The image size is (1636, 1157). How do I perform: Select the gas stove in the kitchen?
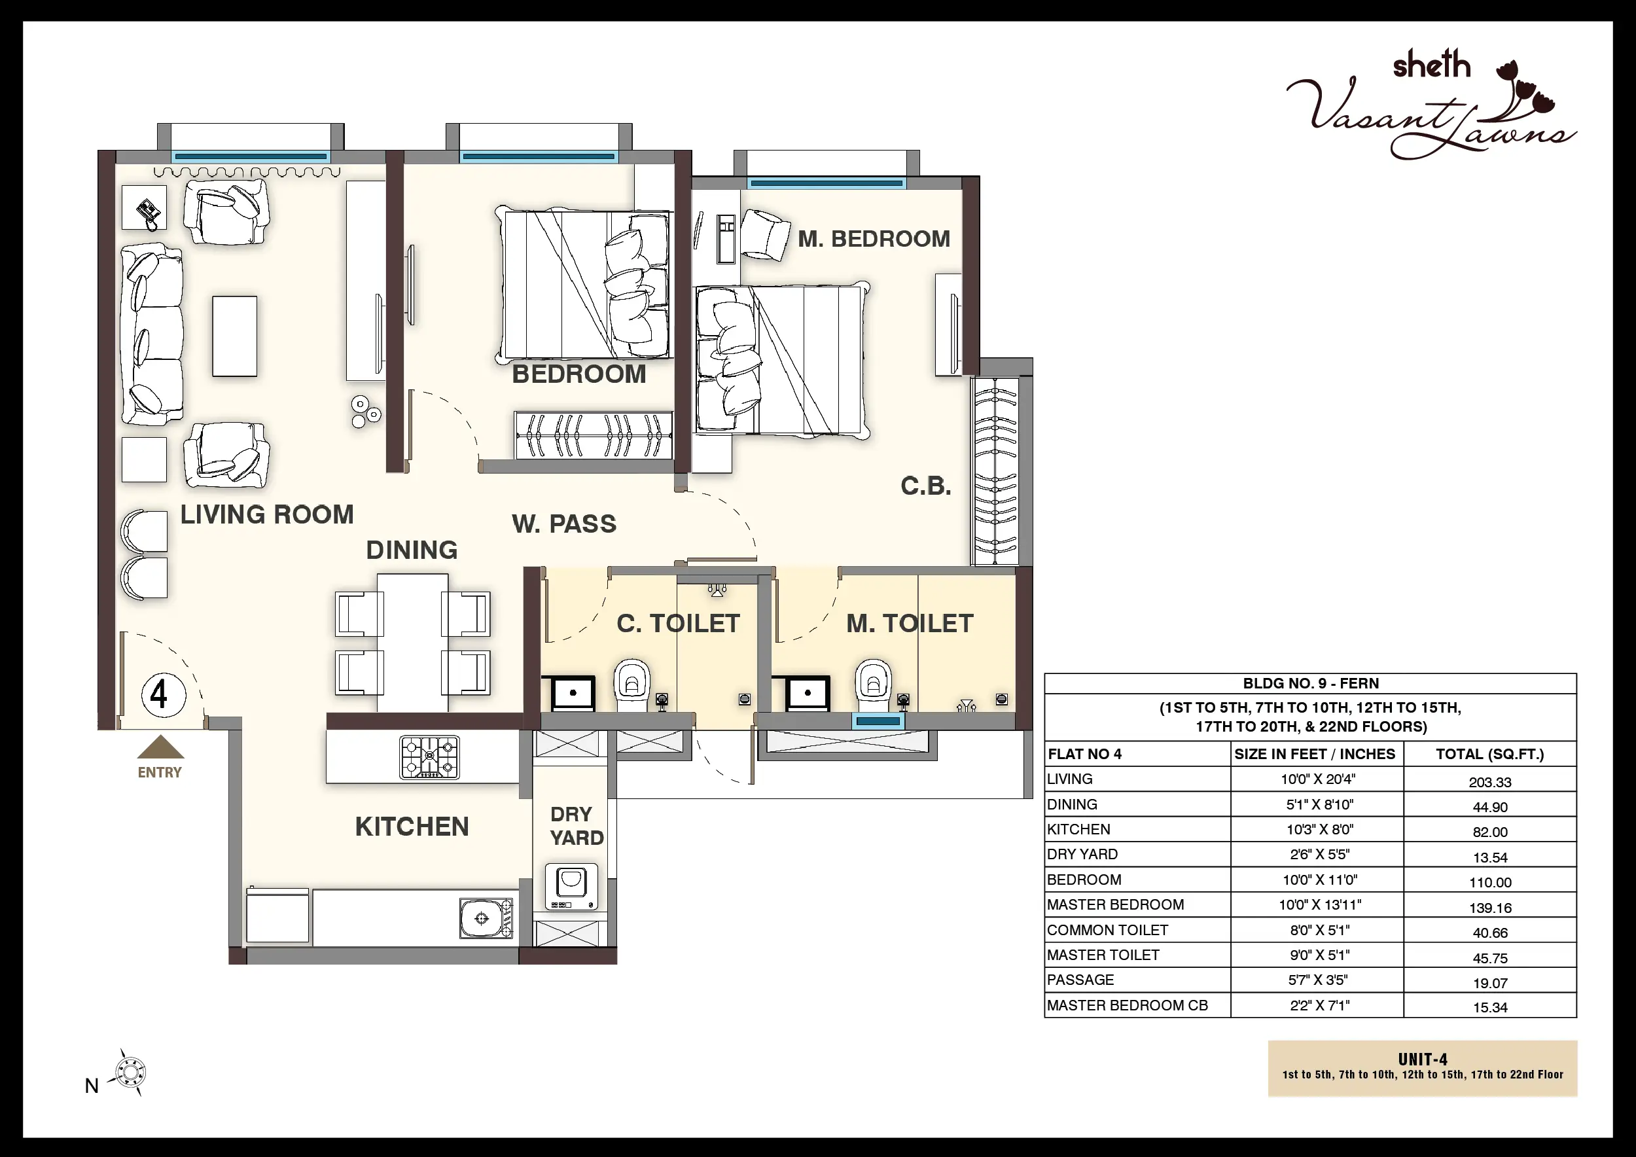tap(430, 756)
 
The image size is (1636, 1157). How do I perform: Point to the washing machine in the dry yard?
tap(571, 886)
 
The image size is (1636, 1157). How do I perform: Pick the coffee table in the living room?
tap(234, 336)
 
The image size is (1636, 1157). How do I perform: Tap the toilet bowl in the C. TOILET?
tap(631, 685)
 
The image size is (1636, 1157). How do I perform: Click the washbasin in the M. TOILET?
tap(808, 692)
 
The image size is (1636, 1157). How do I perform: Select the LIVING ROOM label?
tap(267, 514)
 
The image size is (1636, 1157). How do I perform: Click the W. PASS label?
tap(563, 524)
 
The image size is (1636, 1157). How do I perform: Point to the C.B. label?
tap(925, 486)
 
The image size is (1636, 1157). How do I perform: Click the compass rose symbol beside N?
tap(130, 1072)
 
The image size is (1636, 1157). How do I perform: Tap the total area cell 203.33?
tap(1490, 781)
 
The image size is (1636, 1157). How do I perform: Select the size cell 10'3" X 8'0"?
tap(1317, 829)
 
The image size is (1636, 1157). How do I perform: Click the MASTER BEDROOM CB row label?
tap(1128, 1005)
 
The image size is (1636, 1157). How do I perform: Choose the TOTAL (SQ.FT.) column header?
tap(1490, 754)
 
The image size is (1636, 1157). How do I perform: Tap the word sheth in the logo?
tap(1432, 65)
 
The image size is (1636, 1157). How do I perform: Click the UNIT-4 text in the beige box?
tap(1422, 1059)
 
